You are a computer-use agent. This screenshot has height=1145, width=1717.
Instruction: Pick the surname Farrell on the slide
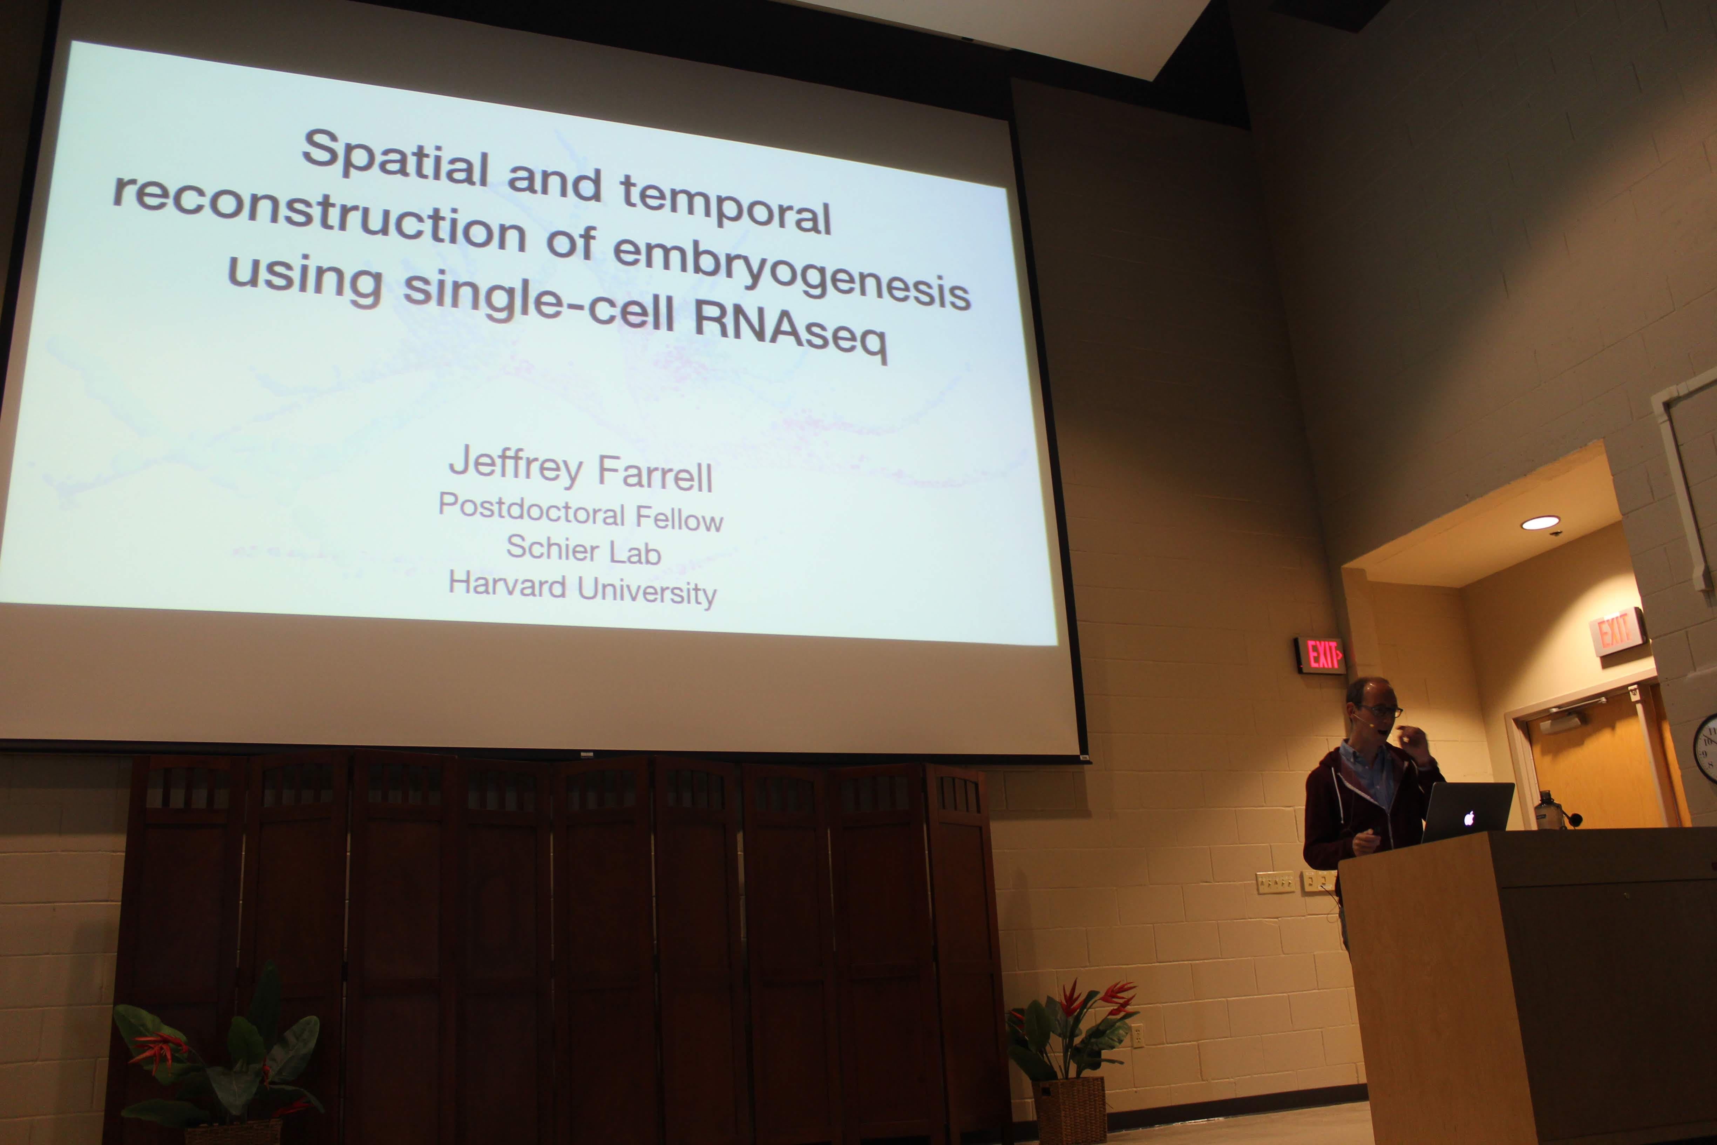click(x=655, y=474)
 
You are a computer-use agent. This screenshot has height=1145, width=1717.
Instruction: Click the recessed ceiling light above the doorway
click(x=1540, y=522)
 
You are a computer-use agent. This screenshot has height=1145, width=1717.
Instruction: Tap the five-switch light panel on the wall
click(x=1275, y=882)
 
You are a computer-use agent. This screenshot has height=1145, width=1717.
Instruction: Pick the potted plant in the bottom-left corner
click(x=219, y=1059)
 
